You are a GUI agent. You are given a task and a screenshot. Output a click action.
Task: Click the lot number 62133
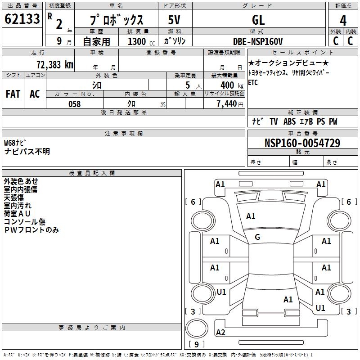coord(22,19)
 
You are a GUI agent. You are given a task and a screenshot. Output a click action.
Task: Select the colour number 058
coord(74,104)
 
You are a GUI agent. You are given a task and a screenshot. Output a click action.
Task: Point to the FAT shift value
coord(13,94)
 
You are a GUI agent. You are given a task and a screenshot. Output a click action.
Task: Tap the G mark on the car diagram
coord(257,237)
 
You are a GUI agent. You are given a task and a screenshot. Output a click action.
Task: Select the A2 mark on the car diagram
coord(220,332)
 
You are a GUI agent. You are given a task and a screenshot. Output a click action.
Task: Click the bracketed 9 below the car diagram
coord(197,344)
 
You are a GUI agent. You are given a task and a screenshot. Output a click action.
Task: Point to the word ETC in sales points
coord(253,83)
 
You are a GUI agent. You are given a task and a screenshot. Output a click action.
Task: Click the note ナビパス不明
coord(27,152)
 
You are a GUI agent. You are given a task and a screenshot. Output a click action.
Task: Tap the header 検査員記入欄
coord(92,173)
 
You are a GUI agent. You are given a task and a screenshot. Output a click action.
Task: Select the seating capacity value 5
coord(188,85)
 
